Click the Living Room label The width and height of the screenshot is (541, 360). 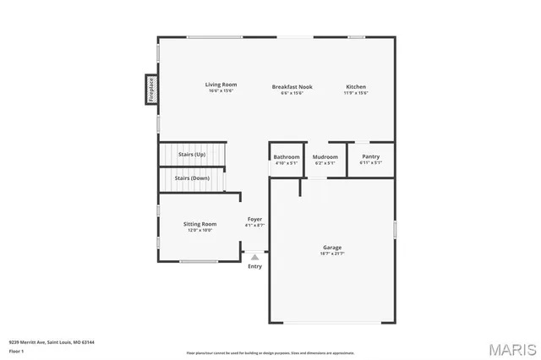coord(221,85)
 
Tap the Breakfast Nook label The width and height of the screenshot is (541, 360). coord(292,87)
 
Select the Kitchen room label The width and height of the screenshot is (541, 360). coord(355,87)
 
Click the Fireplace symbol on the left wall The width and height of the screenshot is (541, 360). coord(150,90)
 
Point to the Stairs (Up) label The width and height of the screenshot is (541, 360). coord(191,155)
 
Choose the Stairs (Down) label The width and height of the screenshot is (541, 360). coord(192,178)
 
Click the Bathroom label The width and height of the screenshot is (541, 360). coord(287,157)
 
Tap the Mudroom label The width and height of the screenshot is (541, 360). coord(325,157)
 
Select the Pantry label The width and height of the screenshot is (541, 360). coord(370,156)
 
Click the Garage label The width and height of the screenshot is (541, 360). coord(332,248)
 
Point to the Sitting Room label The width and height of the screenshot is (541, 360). coord(200,224)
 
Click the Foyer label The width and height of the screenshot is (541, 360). coord(254,220)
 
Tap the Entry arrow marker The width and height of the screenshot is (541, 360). coord(254,256)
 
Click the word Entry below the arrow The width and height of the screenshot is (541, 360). coord(254,266)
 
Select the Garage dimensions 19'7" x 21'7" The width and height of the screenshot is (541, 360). coord(332,254)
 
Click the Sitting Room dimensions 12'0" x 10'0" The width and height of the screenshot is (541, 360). coord(200,230)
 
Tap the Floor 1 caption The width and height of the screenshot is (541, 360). coord(17,350)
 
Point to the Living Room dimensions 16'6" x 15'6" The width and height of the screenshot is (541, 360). coord(221,90)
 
